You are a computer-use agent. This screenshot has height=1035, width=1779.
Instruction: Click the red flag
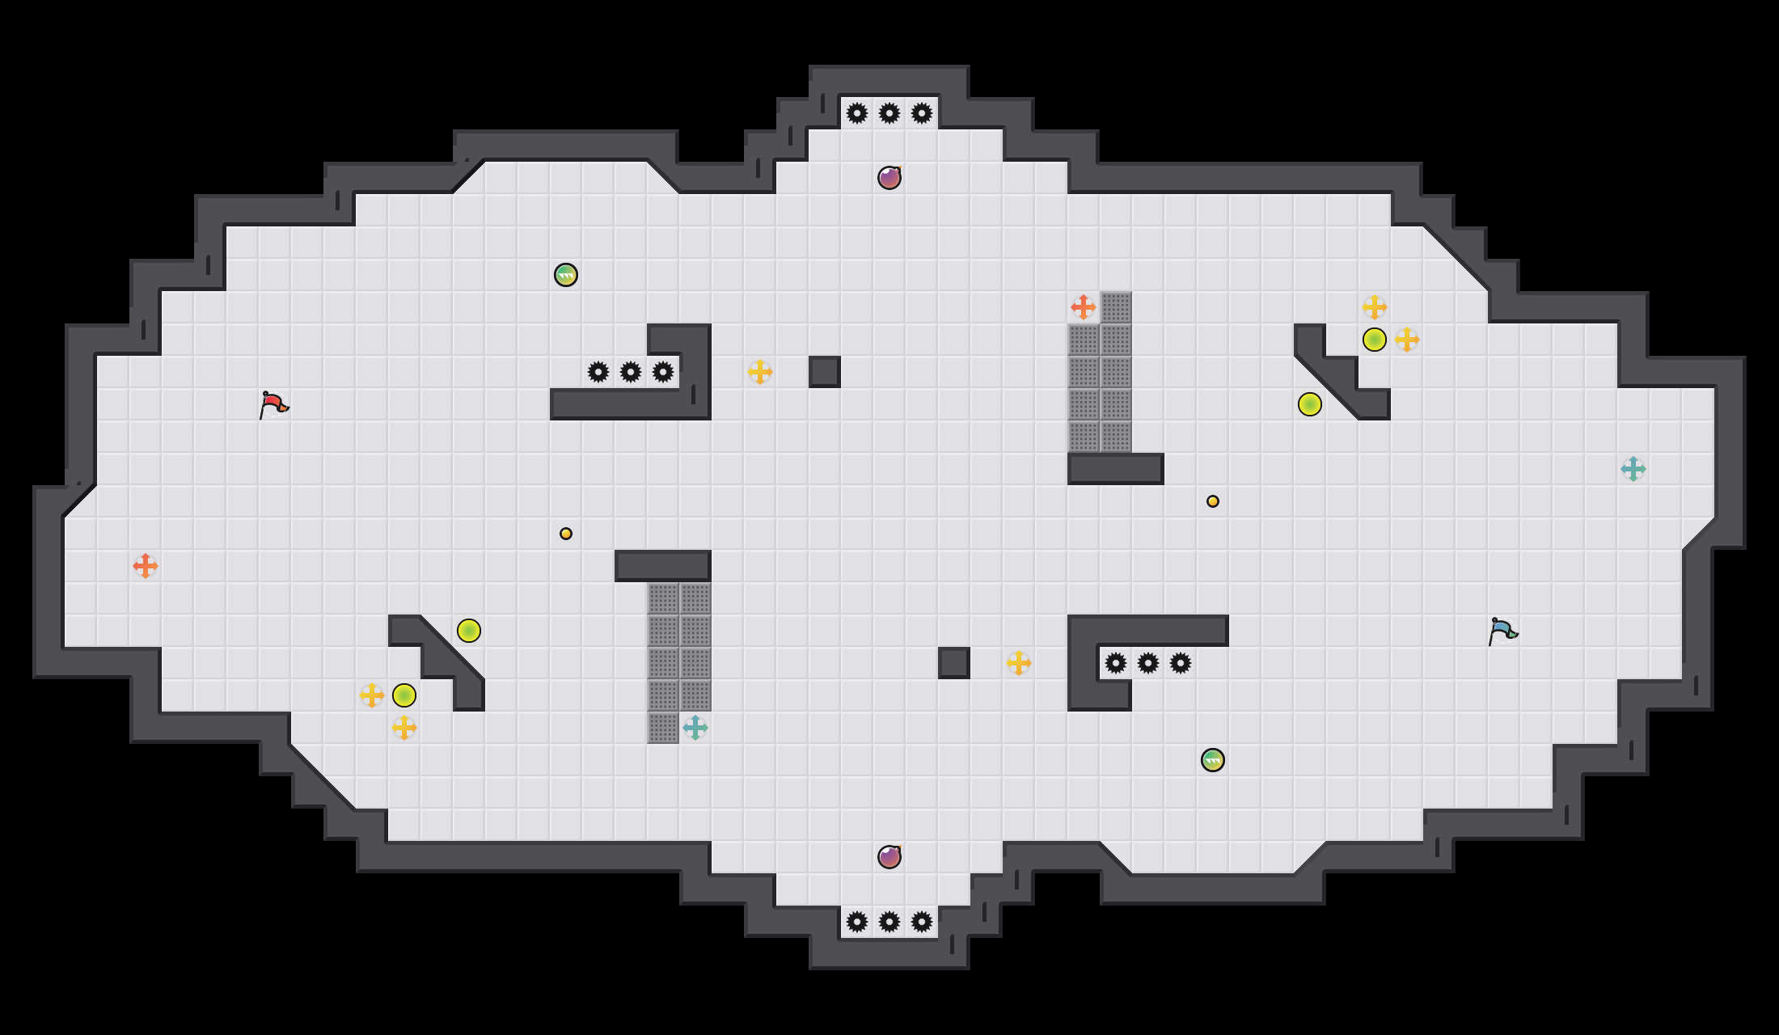point(273,403)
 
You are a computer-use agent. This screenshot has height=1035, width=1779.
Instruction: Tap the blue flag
point(1502,630)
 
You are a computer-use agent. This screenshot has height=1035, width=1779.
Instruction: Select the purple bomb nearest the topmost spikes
point(889,178)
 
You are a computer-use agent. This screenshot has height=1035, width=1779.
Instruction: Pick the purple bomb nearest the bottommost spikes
point(889,857)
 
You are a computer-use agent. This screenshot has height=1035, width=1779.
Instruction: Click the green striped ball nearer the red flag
point(566,275)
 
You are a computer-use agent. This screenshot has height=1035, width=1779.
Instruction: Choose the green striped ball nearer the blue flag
point(1213,760)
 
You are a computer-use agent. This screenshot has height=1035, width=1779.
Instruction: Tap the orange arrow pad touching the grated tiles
point(1084,307)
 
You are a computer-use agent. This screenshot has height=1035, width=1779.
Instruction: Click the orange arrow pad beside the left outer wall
point(146,566)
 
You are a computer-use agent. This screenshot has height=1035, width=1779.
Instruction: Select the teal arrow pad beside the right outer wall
point(1633,469)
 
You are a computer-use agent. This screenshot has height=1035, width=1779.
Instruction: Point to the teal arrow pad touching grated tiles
point(695,728)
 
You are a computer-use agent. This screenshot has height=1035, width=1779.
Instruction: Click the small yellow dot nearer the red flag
point(566,534)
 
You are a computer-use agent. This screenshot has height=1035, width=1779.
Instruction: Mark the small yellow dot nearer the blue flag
point(1213,501)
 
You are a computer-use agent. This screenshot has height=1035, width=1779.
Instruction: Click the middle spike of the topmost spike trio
point(889,113)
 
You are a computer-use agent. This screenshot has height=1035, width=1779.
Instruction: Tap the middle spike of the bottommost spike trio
point(889,922)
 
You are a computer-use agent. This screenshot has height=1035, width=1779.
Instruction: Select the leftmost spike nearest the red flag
point(598,372)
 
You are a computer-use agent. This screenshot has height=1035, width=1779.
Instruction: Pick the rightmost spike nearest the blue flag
point(1181,663)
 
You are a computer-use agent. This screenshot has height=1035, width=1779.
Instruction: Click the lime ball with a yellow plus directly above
point(1375,340)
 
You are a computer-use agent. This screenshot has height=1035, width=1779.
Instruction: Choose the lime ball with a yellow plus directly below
point(404,695)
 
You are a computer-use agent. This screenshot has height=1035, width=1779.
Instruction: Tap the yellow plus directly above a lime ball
point(1375,307)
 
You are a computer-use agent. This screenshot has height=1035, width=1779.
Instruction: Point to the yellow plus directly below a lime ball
point(404,728)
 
